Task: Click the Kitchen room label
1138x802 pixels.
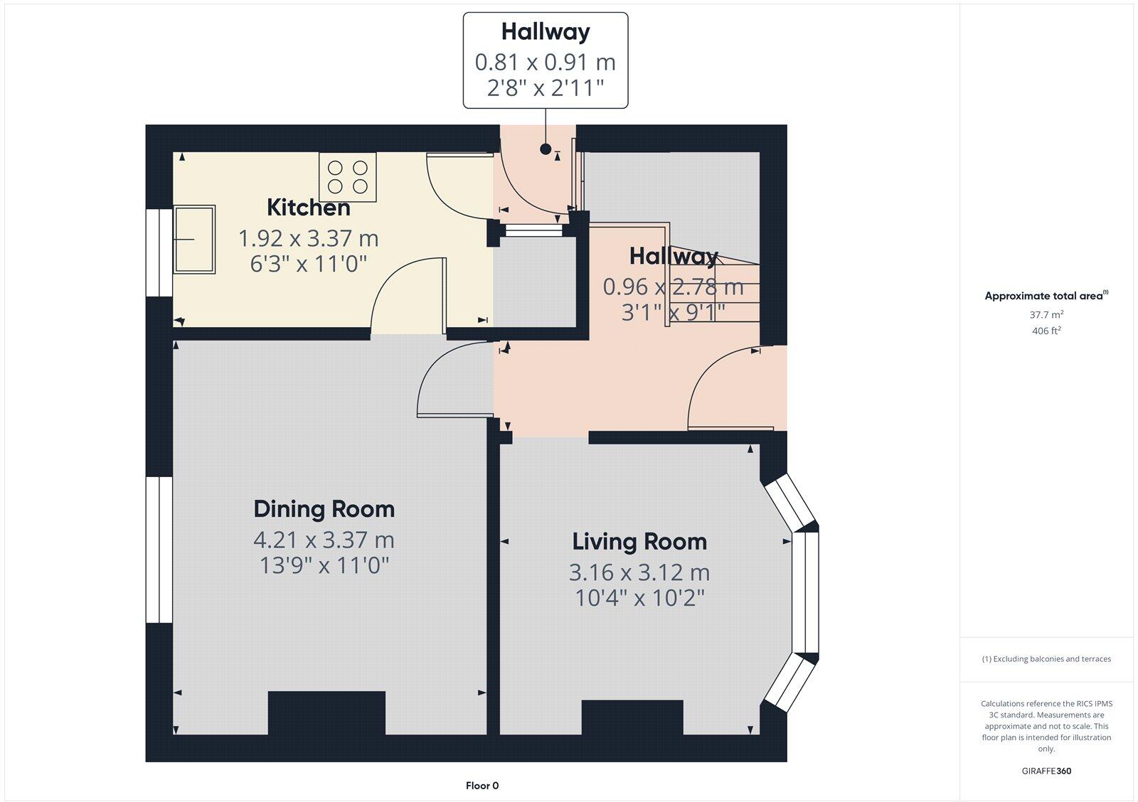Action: click(308, 208)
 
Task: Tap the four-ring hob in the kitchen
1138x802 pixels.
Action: click(348, 177)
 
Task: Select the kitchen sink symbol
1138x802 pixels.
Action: click(193, 239)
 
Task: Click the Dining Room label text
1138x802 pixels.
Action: click(324, 509)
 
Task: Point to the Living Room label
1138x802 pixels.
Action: click(639, 542)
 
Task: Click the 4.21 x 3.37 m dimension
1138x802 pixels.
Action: click(324, 540)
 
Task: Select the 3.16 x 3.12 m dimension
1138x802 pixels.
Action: click(639, 572)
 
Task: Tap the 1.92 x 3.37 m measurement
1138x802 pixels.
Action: click(308, 237)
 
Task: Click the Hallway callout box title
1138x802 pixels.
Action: click(546, 32)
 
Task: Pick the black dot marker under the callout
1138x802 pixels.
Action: click(546, 149)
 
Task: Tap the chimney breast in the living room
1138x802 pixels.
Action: click(632, 717)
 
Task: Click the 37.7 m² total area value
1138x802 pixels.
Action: click(1046, 314)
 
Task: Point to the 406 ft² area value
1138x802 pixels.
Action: click(1046, 331)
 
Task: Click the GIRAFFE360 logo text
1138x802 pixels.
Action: click(1046, 771)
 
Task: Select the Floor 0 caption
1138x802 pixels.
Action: click(482, 786)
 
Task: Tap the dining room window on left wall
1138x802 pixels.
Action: click(159, 550)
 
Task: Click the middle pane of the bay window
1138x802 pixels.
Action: click(807, 592)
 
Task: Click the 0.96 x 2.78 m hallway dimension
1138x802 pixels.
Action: click(673, 287)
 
